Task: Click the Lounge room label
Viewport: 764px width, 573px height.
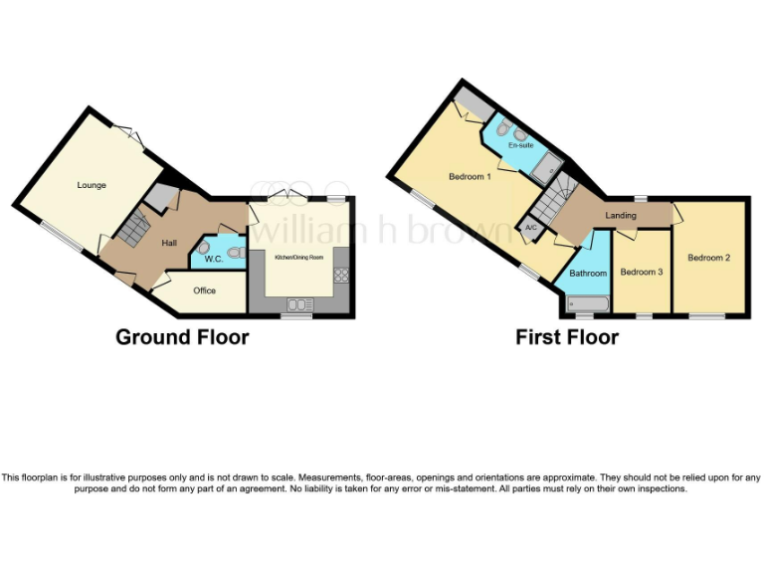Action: click(x=92, y=185)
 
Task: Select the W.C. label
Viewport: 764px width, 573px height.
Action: click(x=213, y=260)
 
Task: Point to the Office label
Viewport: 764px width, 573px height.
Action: click(x=205, y=290)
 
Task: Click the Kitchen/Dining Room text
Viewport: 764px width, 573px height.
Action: click(x=298, y=257)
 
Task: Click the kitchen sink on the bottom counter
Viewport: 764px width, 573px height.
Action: click(x=298, y=304)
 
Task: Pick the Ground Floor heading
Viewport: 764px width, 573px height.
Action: click(x=182, y=337)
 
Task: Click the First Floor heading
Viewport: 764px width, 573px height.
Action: click(x=566, y=337)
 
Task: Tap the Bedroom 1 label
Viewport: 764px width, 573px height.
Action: click(x=470, y=177)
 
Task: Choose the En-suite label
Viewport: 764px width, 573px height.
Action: click(x=520, y=145)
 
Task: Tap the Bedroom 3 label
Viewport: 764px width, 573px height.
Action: click(x=641, y=271)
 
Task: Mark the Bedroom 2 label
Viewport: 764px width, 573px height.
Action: click(x=708, y=258)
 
